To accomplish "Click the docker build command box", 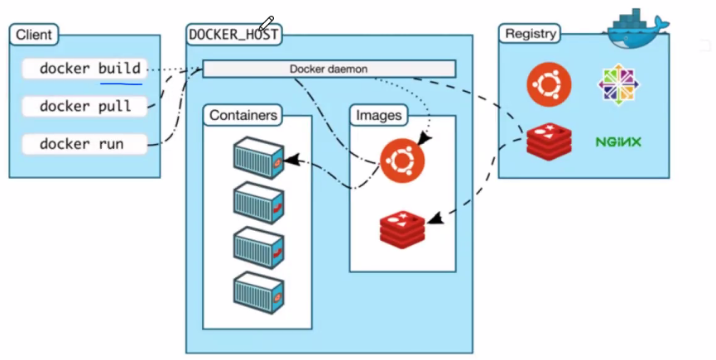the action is click(x=85, y=69).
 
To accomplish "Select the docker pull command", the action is click(x=85, y=106).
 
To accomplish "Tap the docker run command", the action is click(x=85, y=144).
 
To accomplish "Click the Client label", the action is click(x=34, y=35).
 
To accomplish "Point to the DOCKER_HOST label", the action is click(x=233, y=35).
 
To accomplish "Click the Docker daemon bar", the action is click(x=329, y=69).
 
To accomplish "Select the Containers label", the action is click(x=243, y=115).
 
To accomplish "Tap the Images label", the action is click(x=378, y=115).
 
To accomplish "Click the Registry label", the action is click(x=530, y=34).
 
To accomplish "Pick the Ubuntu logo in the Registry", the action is click(x=549, y=84).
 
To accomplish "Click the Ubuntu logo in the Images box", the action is click(x=402, y=161).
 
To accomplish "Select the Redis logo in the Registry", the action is click(x=549, y=142).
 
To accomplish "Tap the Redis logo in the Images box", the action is click(x=402, y=229).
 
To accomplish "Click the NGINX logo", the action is click(x=618, y=142).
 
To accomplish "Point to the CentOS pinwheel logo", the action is click(x=618, y=84).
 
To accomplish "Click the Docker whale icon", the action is click(x=637, y=28).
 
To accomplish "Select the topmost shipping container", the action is click(x=259, y=158).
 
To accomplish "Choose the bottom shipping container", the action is click(x=259, y=292).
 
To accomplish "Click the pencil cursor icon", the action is click(x=266, y=23).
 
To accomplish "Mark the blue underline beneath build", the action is click(x=121, y=84).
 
